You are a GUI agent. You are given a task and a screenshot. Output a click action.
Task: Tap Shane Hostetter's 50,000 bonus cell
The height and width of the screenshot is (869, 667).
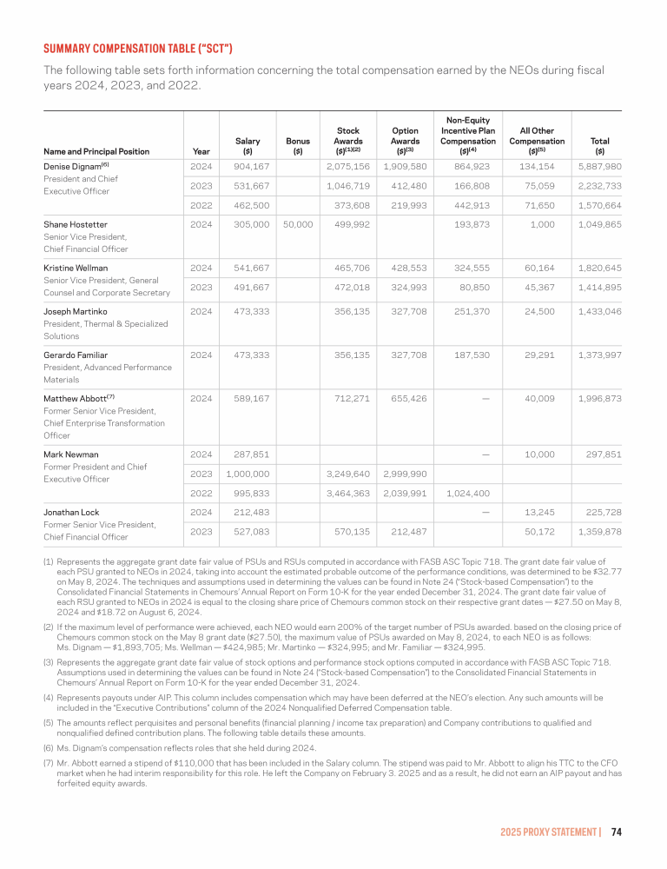298,223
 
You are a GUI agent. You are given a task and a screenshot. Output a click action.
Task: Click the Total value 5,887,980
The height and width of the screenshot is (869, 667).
600,166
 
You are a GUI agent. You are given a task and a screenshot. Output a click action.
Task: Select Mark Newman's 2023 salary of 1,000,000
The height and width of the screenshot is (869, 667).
248,474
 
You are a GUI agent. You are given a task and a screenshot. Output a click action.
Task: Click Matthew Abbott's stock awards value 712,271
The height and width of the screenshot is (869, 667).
353,400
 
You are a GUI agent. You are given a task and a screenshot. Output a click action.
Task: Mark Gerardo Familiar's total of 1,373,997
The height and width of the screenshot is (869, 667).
600,355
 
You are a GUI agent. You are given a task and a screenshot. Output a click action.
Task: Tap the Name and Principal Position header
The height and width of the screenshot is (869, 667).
96,152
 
